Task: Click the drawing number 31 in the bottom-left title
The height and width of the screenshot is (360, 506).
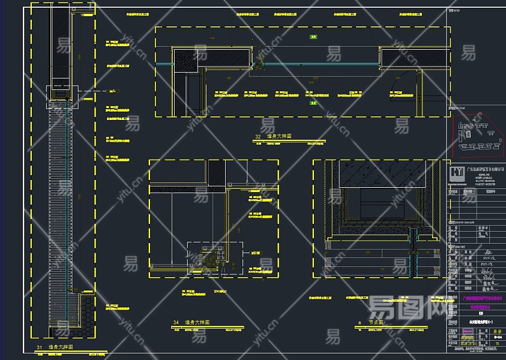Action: pos(39,347)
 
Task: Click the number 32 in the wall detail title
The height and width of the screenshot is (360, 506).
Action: pos(258,137)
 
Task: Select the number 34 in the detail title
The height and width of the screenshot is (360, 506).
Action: pos(176,323)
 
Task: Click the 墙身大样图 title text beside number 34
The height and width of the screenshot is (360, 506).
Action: pos(197,323)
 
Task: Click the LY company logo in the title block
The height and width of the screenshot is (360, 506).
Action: pos(457,172)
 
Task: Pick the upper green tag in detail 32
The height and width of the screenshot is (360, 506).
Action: pos(313,37)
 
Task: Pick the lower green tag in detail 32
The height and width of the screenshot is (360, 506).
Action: pos(313,103)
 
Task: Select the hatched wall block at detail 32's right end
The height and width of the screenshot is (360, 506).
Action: pos(414,57)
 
